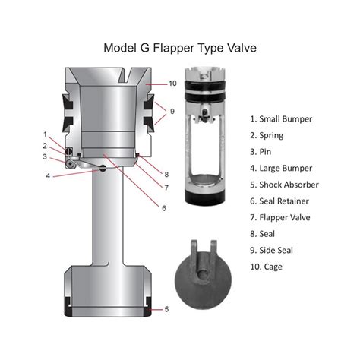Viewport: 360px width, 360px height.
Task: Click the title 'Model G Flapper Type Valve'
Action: [x=180, y=48]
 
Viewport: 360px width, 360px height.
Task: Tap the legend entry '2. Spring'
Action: [x=267, y=135]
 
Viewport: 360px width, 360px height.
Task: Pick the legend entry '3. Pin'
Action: [x=262, y=151]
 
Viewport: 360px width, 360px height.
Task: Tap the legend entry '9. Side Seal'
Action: [x=276, y=250]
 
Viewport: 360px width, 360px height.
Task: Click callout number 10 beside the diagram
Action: [x=172, y=83]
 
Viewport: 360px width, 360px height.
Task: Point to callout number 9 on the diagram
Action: [x=172, y=111]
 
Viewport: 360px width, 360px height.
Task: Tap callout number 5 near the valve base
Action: [x=166, y=309]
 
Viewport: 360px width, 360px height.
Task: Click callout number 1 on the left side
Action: [x=46, y=134]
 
